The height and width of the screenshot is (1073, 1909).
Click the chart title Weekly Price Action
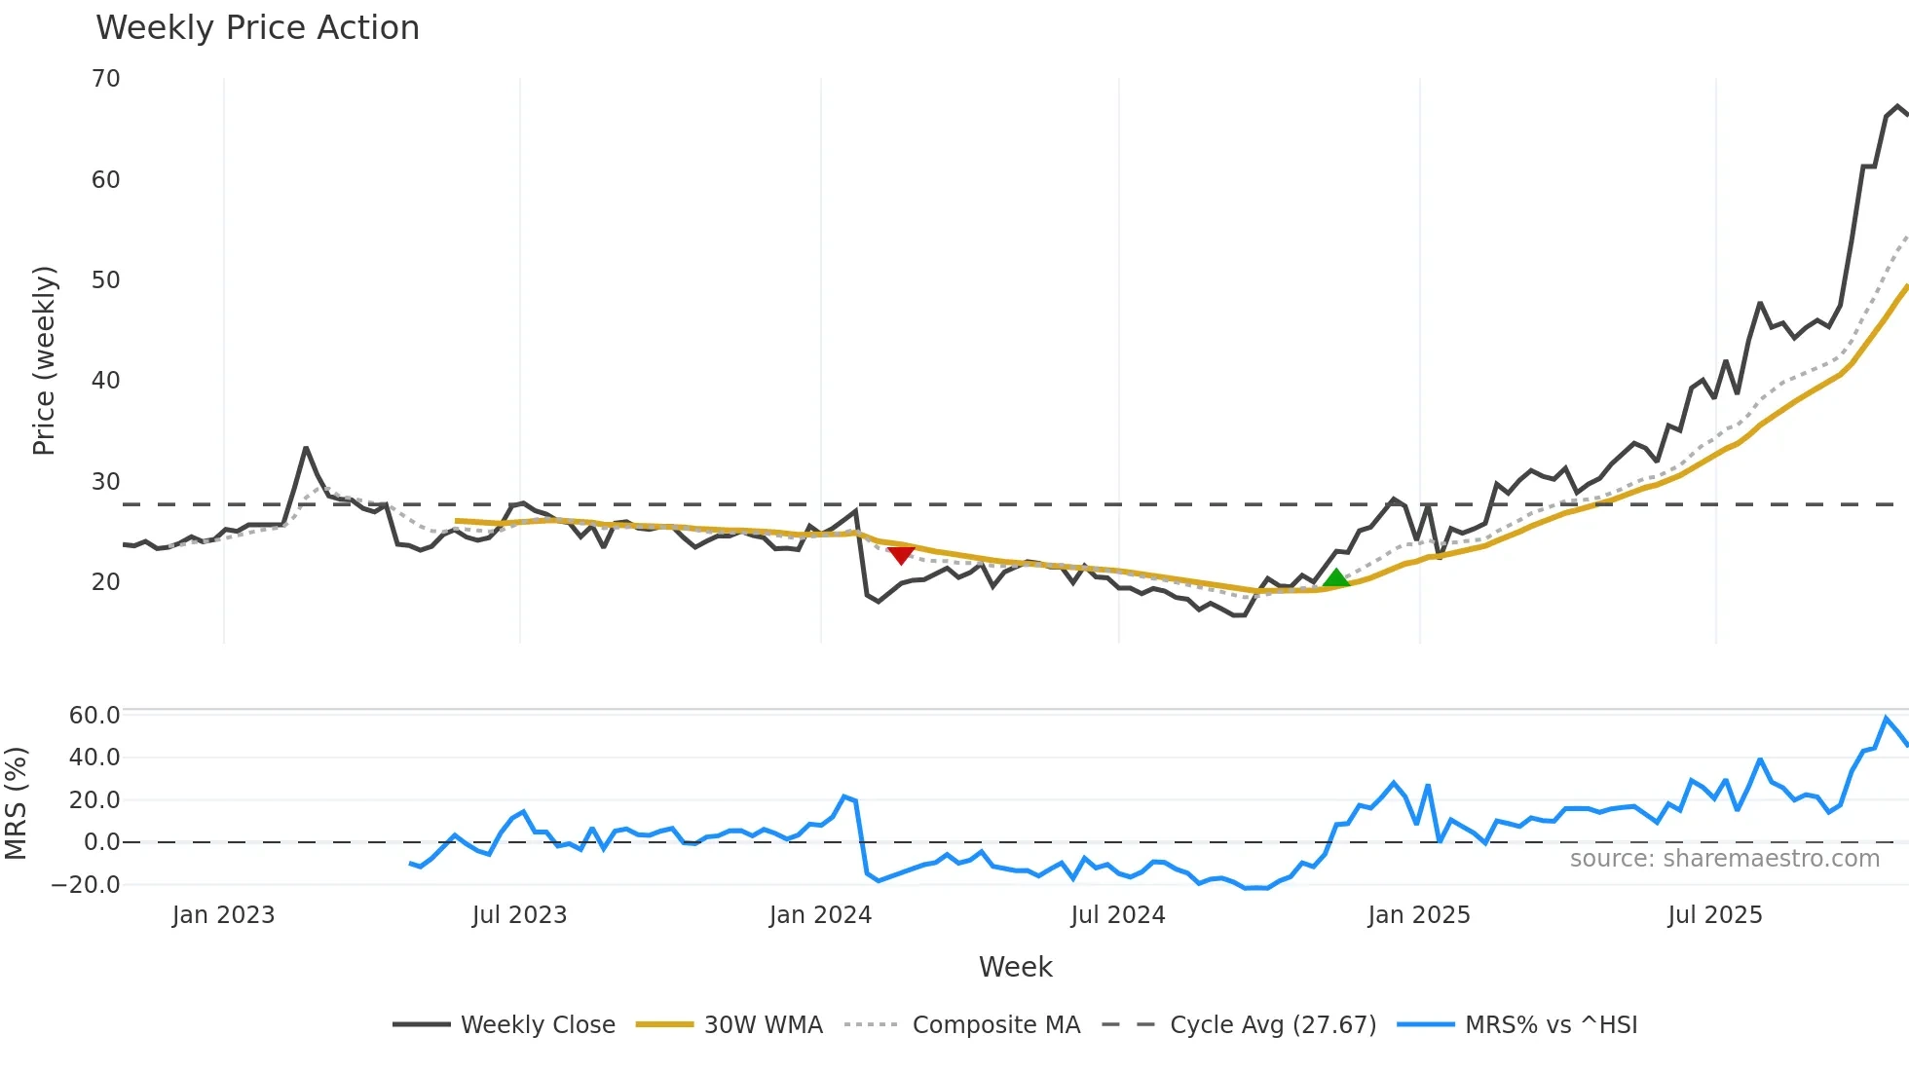coord(257,28)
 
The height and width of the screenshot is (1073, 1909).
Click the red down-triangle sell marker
coord(901,554)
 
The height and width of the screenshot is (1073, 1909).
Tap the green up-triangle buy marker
coord(1336,578)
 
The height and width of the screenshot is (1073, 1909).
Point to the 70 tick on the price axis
coord(106,79)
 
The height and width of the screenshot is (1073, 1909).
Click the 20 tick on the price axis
coord(106,582)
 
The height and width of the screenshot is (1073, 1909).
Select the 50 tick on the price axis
coord(106,280)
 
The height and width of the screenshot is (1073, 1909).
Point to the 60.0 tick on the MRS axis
coord(94,716)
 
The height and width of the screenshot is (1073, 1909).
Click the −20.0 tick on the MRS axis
coord(87,885)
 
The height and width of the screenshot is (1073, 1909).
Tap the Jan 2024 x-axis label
coord(820,915)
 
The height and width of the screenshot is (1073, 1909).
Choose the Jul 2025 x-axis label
coord(1715,915)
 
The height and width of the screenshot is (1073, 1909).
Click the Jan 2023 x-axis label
coord(223,915)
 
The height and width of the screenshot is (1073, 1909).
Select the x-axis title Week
coord(1015,967)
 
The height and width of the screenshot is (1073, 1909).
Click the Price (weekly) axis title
coord(44,360)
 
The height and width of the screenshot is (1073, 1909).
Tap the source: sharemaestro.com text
coord(1724,859)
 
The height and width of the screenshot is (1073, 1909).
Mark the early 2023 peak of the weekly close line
coord(306,448)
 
